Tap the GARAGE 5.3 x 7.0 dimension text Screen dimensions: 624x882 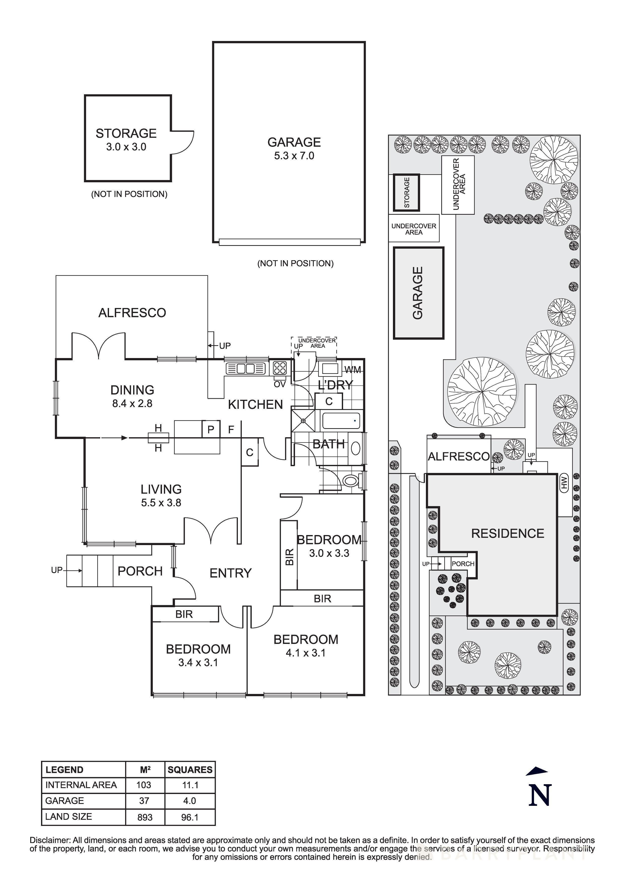294,156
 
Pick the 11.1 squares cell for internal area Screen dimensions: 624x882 190,785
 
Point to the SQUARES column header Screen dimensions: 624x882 190,769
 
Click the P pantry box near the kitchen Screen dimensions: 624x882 211,429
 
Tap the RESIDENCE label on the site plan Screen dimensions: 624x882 507,533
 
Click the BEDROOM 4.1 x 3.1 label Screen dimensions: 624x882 306,646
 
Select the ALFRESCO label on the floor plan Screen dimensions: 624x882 132,313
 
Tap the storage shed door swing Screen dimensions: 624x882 184,142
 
